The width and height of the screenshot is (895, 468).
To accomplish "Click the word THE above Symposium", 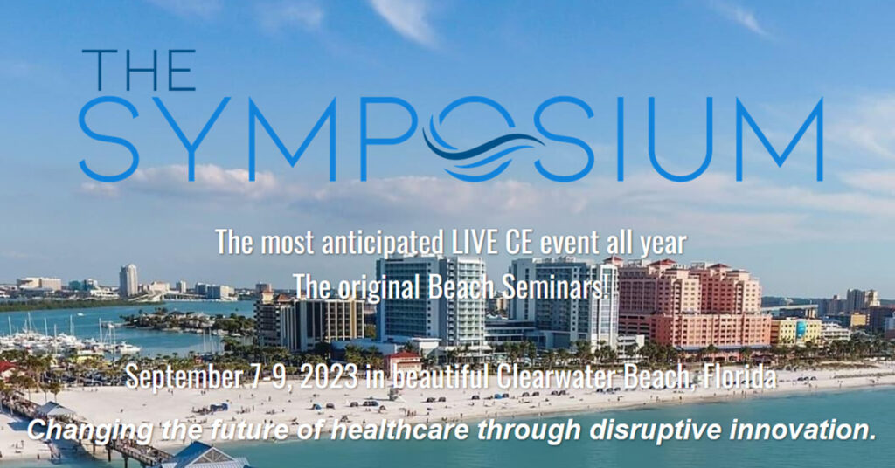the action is coord(139,70).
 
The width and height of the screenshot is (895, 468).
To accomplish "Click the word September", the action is coord(182,377).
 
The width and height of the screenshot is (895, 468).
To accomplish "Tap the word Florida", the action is coord(739,376).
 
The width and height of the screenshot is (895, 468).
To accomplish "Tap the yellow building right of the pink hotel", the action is coord(795,331).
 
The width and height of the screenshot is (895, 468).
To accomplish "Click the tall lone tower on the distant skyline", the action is coord(128,280).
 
